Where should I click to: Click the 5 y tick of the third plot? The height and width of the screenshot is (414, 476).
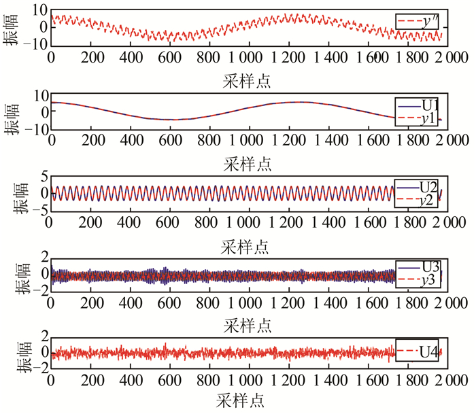tap(43, 176)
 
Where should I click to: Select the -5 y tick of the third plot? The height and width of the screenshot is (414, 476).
tap(38, 209)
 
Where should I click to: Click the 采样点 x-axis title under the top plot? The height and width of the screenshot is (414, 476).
tap(245, 82)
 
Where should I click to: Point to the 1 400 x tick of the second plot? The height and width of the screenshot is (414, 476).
tap(322, 141)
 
